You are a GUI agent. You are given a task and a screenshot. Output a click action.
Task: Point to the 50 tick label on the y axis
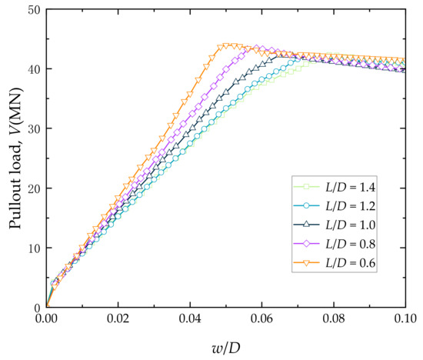pos(32,9)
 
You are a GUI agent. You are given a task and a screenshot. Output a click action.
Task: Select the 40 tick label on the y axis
pos(32,69)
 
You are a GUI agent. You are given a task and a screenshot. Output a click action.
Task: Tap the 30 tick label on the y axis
pos(32,128)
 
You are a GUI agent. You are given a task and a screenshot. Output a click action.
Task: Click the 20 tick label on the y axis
pos(32,188)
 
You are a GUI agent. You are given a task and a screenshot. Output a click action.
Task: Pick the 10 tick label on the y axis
pos(32,248)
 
